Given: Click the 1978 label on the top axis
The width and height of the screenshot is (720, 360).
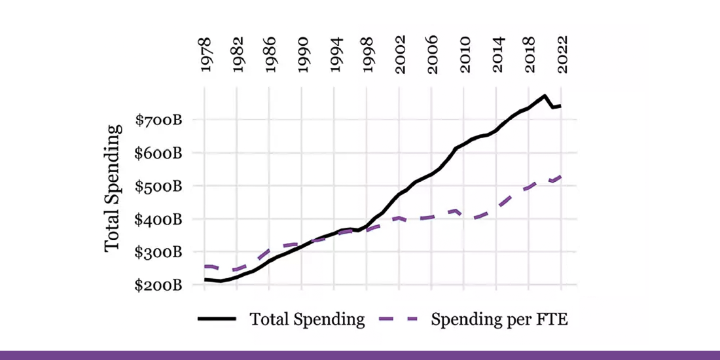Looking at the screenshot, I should point(205,56).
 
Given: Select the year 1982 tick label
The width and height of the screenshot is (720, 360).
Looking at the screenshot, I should point(237,56).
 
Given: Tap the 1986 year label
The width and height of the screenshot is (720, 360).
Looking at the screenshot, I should point(270,56).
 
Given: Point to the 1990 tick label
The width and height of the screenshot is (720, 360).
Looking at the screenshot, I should point(302,56).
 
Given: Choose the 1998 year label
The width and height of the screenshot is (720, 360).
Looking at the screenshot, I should point(367,56).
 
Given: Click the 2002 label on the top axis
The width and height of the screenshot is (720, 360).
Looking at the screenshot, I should point(399,56).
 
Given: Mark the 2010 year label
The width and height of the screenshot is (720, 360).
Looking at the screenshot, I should point(465,56).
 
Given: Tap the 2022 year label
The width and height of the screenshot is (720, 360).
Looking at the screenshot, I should point(562,56).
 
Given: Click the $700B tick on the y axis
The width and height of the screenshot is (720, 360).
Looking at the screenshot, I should point(158,120).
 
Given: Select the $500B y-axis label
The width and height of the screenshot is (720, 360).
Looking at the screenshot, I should point(158,187).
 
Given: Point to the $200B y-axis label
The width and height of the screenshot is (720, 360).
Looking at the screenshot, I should point(158,285).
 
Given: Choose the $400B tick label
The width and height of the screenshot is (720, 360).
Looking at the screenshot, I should point(158,219).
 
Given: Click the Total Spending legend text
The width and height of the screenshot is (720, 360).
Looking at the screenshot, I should point(307,319).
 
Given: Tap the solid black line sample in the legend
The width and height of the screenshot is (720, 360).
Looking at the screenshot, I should point(217,319).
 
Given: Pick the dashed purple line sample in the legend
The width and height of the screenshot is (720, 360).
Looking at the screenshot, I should point(399,319).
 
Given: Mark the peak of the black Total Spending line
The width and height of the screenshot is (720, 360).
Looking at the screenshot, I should point(545,96).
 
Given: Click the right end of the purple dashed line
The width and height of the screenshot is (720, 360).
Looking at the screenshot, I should point(562,175).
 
